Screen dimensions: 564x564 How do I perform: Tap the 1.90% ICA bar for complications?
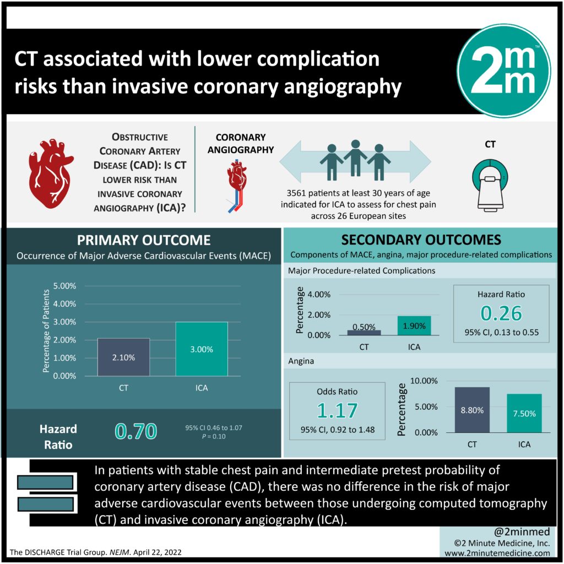[414, 326]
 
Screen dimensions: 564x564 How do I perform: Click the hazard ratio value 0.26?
[501, 313]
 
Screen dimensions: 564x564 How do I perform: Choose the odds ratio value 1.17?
[337, 410]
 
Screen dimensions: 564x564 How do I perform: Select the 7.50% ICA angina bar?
[524, 413]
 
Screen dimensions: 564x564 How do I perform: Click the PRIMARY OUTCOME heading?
[143, 240]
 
